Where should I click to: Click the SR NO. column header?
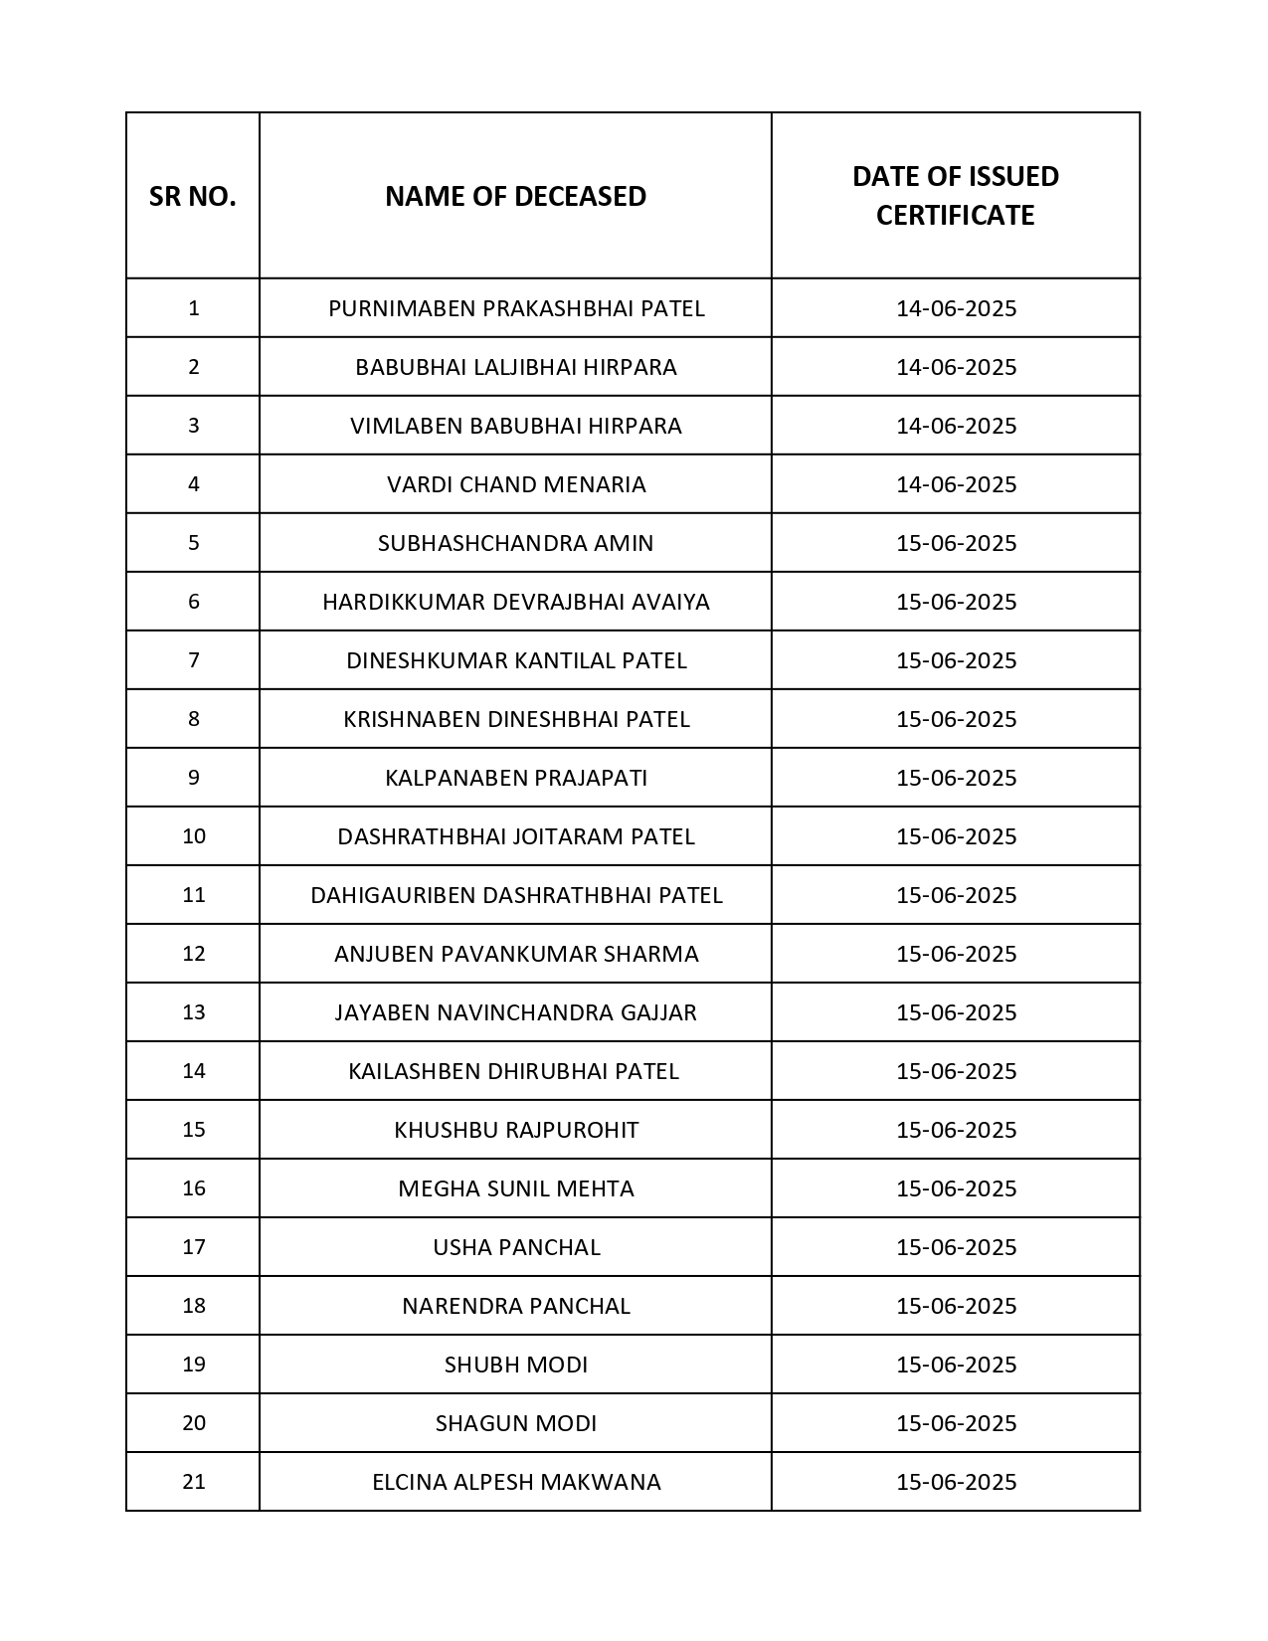[193, 197]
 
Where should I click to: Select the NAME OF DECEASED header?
[515, 197]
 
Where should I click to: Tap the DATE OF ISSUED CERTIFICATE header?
[955, 196]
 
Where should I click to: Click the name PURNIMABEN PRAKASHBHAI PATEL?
[516, 308]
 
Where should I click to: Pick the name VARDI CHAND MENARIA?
[516, 484]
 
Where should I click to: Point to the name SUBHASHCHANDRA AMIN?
[516, 543]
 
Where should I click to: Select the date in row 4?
[956, 484]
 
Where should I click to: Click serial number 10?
[194, 836]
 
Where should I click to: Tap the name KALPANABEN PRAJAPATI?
[516, 778]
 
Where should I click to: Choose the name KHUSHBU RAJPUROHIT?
[516, 1130]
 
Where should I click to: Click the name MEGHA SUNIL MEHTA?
[516, 1188]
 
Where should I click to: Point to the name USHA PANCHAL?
[516, 1247]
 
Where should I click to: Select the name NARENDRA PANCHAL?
[516, 1306]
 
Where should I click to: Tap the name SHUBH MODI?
[516, 1365]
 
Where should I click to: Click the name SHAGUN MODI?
[516, 1423]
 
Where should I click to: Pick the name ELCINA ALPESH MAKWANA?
[516, 1482]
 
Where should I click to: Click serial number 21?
[194, 1482]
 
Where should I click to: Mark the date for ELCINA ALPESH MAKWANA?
[956, 1482]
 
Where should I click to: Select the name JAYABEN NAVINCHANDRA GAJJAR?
[516, 1012]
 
